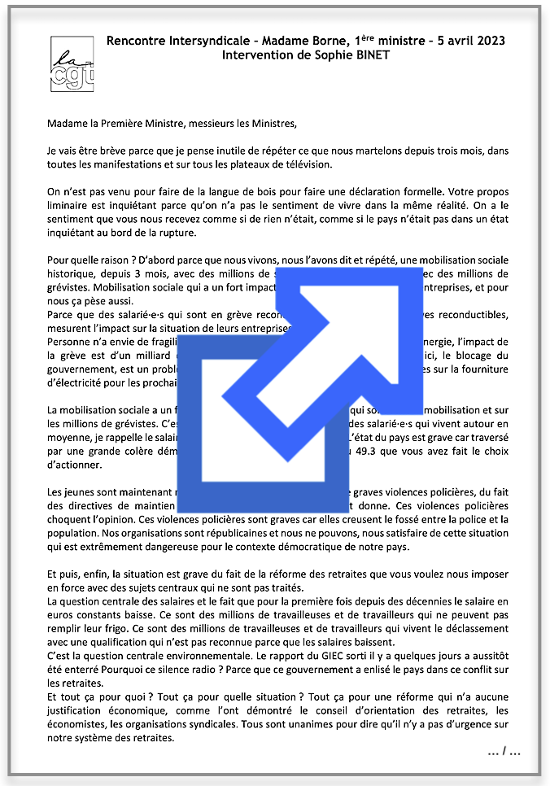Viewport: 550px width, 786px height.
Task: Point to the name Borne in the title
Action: (325, 41)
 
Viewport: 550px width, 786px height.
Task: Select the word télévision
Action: (300, 164)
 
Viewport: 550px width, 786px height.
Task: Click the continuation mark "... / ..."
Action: (504, 753)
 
